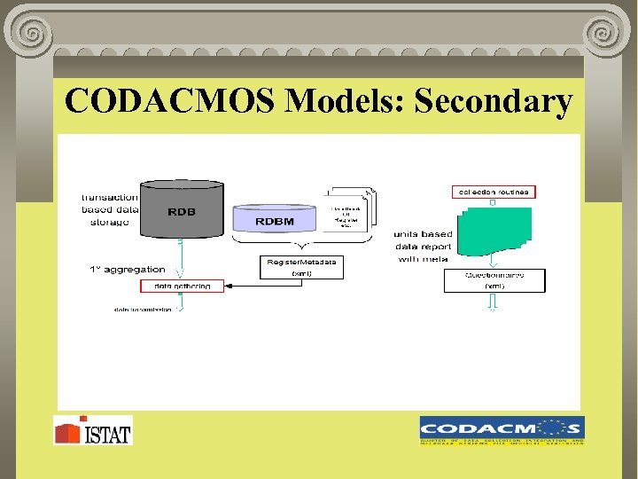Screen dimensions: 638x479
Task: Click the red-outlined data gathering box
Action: (x=182, y=287)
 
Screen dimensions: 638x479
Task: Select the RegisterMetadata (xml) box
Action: (x=301, y=267)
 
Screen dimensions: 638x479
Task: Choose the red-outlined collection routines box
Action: (x=494, y=192)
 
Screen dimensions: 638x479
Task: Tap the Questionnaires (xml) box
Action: (x=494, y=280)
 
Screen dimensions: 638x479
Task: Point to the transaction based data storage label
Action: (x=109, y=209)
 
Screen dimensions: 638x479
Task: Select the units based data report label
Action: (x=423, y=247)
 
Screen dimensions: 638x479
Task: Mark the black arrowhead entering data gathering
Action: (x=229, y=287)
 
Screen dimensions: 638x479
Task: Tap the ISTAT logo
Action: (x=92, y=430)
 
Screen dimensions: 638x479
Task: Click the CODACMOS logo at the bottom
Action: (x=502, y=429)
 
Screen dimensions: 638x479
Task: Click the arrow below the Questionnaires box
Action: (x=493, y=302)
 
